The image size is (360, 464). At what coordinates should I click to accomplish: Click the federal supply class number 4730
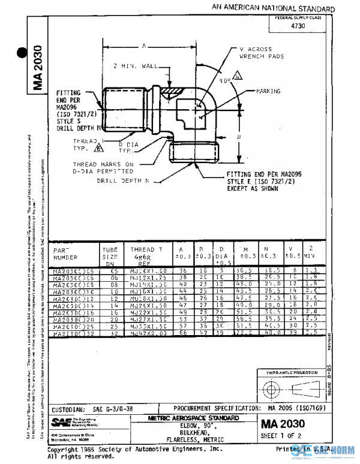click(x=296, y=26)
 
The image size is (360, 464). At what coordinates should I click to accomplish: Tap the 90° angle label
click(x=225, y=80)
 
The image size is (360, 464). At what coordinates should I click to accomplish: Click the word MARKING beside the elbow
click(x=268, y=92)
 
